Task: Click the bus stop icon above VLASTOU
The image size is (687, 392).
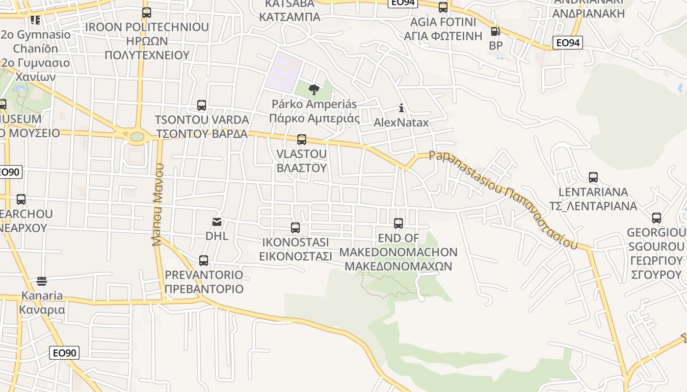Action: [x=302, y=140]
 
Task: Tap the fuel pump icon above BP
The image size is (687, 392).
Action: [x=496, y=32]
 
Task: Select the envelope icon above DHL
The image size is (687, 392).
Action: [x=217, y=222]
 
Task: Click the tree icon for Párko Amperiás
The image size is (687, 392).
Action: [x=314, y=90]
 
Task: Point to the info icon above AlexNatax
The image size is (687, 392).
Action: [x=401, y=108]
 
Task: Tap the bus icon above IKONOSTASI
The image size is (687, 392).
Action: [x=295, y=228]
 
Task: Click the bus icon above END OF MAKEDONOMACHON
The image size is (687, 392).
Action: [x=398, y=223]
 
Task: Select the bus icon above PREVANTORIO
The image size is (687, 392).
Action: [x=204, y=261]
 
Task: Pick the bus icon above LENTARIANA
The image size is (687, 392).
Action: [x=593, y=177]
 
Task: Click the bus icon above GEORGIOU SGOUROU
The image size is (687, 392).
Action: [x=657, y=218]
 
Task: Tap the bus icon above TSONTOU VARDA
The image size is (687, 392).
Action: [x=202, y=105]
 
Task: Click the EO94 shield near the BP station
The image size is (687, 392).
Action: [x=568, y=43]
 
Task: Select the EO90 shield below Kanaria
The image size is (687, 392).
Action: [x=64, y=353]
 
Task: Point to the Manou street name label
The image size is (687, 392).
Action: [x=158, y=204]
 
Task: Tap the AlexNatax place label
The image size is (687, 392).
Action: [x=401, y=122]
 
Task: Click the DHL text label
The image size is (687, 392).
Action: [x=217, y=236]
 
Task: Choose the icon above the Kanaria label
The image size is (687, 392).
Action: [x=42, y=281]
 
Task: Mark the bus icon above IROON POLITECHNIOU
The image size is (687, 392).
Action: [x=147, y=13]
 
